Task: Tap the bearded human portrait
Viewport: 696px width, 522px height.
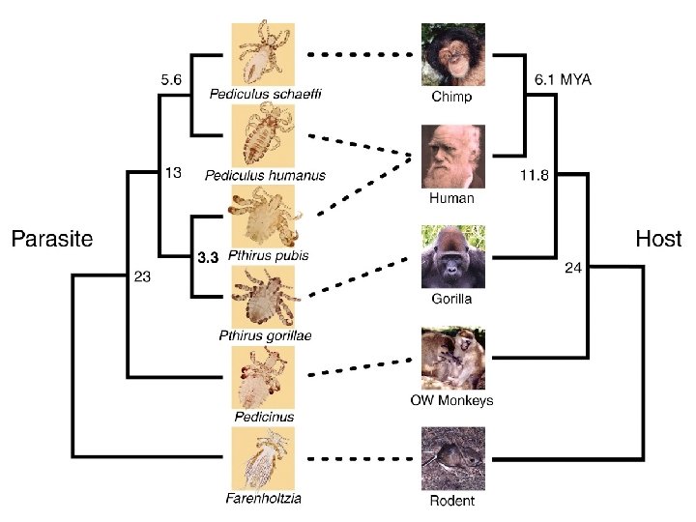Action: click(x=452, y=156)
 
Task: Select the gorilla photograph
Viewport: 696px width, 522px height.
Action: click(x=452, y=257)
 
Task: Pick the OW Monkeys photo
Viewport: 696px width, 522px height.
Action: click(x=452, y=359)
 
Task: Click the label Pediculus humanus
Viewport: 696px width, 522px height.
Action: click(x=265, y=175)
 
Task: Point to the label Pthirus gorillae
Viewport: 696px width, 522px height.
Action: click(x=265, y=335)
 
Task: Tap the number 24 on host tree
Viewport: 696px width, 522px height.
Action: click(x=572, y=269)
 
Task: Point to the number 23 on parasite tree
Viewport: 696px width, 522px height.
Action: click(x=143, y=276)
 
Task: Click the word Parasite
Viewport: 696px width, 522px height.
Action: click(x=51, y=239)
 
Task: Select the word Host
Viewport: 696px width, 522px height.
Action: click(x=658, y=239)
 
